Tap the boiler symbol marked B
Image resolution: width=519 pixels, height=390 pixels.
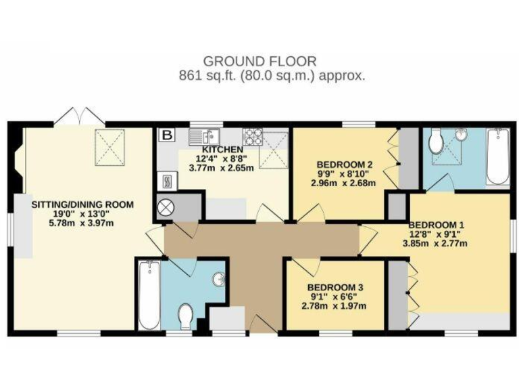click(x=165, y=135)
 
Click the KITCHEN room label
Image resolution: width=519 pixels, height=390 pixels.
click(x=222, y=149)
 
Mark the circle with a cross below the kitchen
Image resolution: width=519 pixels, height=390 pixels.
click(x=166, y=207)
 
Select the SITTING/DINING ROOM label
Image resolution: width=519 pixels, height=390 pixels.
click(x=82, y=204)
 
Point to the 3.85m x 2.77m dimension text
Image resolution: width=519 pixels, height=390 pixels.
click(x=444, y=244)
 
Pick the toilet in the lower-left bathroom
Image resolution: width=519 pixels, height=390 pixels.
click(x=186, y=316)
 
